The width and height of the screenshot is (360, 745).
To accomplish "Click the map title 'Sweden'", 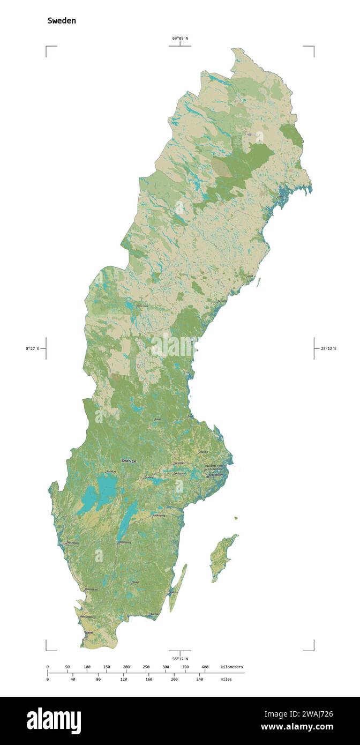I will click(x=62, y=20).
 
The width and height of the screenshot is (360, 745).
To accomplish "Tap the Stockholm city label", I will click(x=215, y=475).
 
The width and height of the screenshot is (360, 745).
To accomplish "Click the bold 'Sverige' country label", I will click(x=129, y=460).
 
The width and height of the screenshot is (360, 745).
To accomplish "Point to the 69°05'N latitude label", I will click(x=180, y=38).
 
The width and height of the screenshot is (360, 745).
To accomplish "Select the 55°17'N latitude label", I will click(x=180, y=658).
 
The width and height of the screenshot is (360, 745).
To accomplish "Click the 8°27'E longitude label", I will click(x=32, y=348).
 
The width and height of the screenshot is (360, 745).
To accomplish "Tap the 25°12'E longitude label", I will click(x=329, y=348).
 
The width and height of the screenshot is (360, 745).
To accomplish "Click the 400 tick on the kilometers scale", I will click(x=205, y=667).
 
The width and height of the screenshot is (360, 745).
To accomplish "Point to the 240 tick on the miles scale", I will click(x=199, y=679).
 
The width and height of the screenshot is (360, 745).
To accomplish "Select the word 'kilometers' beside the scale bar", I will click(x=231, y=667).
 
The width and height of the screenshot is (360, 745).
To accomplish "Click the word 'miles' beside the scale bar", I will click(x=226, y=679).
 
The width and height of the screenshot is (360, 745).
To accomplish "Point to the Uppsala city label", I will click(x=203, y=452).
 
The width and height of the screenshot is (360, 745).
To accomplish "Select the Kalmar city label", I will click(x=174, y=592).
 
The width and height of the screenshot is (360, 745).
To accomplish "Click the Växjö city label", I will click(x=136, y=582).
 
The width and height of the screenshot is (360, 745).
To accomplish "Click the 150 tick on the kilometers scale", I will click(x=107, y=667).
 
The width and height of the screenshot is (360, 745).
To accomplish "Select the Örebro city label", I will click(x=149, y=476).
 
